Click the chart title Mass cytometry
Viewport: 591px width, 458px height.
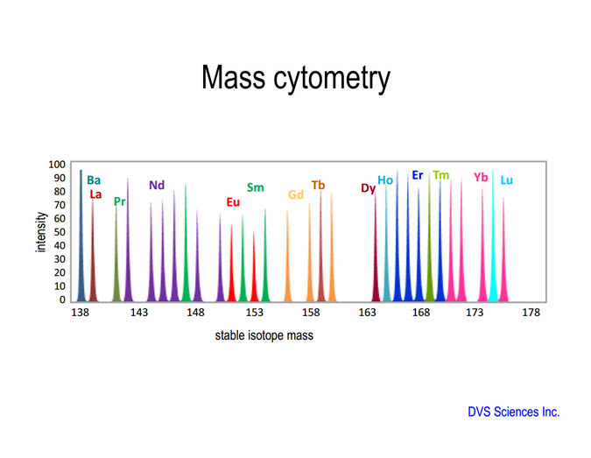296,78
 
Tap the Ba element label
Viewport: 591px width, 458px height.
94,180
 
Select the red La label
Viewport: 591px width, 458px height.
95,194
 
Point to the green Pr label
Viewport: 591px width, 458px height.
119,201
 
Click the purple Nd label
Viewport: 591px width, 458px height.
157,185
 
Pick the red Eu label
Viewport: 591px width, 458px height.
233,202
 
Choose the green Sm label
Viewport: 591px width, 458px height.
255,187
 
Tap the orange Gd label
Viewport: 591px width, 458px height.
296,194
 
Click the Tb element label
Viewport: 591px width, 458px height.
318,185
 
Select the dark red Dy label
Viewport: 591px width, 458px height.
369,188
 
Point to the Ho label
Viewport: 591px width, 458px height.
385,180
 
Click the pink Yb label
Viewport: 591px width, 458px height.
481,177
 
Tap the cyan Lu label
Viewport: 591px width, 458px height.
507,180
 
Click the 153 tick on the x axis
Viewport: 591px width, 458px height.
255,313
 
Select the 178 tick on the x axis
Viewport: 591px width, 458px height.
531,313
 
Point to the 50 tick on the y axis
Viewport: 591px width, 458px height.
60,232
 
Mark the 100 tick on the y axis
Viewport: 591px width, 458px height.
57,165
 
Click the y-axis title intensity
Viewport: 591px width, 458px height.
41,232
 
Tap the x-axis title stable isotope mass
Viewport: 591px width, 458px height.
264,335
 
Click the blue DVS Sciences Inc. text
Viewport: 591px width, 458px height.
514,412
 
